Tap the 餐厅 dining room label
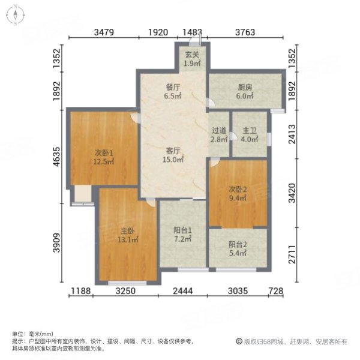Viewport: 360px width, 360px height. tap(173, 86)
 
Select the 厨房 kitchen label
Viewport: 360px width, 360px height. tap(244, 86)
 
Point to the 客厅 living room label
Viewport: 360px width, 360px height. tap(174, 151)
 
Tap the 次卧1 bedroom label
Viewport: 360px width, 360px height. tap(103, 151)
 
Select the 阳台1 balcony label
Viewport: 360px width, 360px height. tap(182, 229)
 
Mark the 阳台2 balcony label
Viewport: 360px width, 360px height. tap(238, 245)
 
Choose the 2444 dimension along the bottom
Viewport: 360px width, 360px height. tap(182, 292)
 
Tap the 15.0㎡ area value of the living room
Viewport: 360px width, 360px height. tap(174, 160)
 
